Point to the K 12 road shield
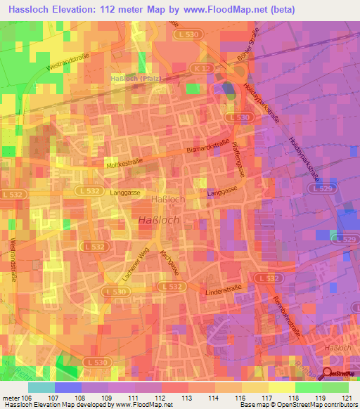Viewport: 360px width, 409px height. pyautogui.click(x=202, y=68)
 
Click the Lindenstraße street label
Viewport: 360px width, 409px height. pyautogui.click(x=221, y=290)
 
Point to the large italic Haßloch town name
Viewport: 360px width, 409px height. pyautogui.click(x=158, y=219)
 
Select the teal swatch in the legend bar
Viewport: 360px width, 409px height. pyautogui.click(x=41, y=387)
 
